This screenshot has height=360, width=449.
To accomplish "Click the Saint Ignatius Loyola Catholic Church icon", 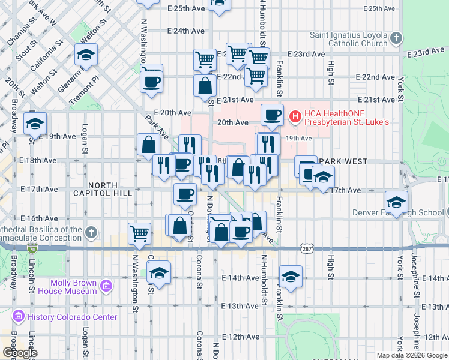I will coord(395,39).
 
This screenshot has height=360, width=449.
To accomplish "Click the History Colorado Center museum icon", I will coord(18,316).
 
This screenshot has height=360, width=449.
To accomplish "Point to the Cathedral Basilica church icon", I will coord(91,232).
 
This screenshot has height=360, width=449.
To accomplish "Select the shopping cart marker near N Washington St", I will coord(139,233).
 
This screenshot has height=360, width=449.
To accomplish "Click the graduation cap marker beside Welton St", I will coord(87,56).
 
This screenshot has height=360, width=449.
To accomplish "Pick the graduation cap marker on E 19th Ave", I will coord(35,124).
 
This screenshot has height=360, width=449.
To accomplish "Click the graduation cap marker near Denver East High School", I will coord(396,201).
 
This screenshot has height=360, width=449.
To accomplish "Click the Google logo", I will coord(20,353).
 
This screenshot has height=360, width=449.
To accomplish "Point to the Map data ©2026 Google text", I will coord(412,355).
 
